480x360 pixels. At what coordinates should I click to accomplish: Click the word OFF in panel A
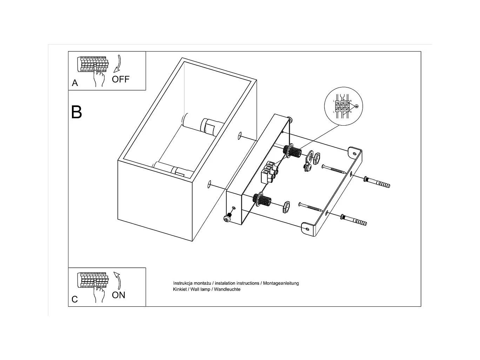pyautogui.click(x=120, y=79)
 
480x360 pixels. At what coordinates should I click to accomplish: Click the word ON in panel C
pyautogui.click(x=118, y=295)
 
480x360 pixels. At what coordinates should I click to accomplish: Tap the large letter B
pyautogui.click(x=76, y=112)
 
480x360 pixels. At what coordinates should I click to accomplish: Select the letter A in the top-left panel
pyautogui.click(x=75, y=83)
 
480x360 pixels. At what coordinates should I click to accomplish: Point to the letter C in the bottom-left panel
pyautogui.click(x=74, y=299)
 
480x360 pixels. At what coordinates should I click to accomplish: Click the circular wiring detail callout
pyautogui.click(x=344, y=106)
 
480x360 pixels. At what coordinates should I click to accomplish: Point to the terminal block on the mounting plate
pyautogui.click(x=269, y=172)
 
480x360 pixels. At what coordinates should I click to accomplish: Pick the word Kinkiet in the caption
pyautogui.click(x=181, y=289)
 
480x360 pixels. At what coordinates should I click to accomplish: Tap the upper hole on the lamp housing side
pyautogui.click(x=240, y=136)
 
